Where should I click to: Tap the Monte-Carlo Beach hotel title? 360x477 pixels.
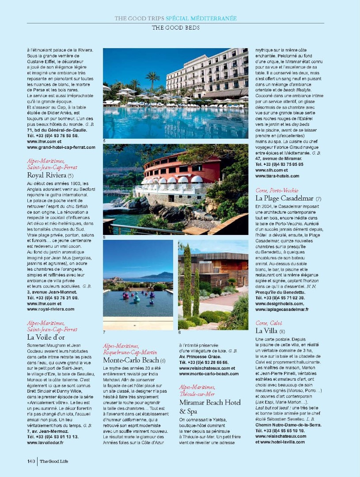(131, 360)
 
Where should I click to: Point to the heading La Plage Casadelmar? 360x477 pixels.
(285, 198)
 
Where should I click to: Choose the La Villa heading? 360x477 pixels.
(267, 331)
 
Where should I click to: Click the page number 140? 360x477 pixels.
(30, 461)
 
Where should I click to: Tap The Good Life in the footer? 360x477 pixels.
(54, 462)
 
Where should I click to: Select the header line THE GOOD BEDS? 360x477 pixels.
(175, 27)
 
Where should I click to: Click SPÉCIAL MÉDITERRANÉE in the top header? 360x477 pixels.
(201, 19)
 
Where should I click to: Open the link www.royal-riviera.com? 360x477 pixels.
(51, 309)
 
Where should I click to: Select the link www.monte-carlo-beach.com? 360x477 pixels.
(208, 374)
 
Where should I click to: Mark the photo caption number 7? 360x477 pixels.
(104, 332)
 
